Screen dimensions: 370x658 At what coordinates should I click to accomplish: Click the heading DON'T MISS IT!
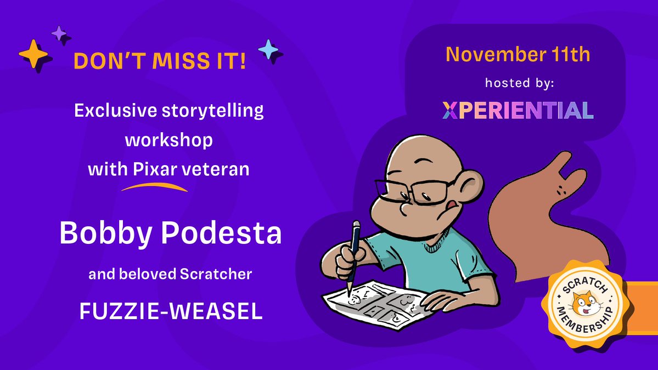[x=159, y=61]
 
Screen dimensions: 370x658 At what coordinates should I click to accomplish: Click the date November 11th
[x=518, y=54]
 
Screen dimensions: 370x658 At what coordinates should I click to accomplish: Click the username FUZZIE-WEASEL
[x=171, y=311]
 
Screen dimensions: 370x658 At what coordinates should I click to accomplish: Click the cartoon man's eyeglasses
[x=409, y=192]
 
